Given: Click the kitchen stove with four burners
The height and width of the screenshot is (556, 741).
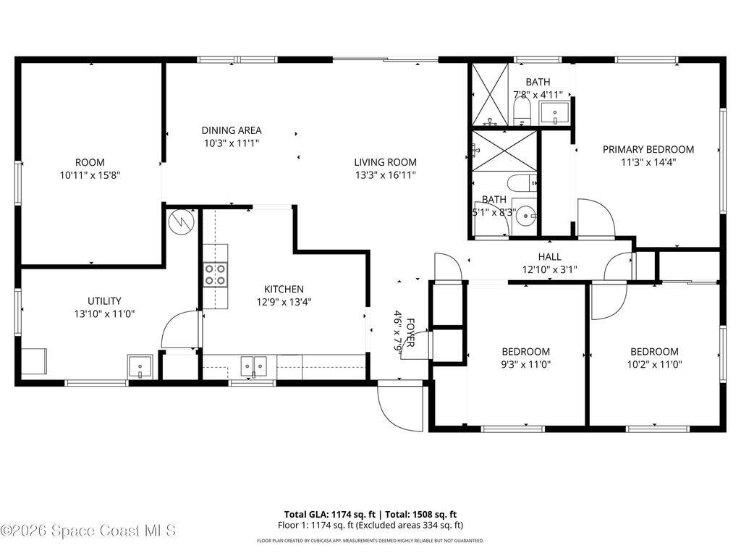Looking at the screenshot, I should tap(215, 275).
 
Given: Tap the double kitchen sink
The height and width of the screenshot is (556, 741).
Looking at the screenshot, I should tap(253, 367).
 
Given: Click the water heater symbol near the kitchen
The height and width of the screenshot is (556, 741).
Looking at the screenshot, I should tap(182, 221).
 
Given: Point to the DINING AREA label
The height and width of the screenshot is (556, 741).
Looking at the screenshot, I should tap(232, 130).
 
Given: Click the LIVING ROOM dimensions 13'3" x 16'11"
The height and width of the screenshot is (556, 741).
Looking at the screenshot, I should tap(385, 174).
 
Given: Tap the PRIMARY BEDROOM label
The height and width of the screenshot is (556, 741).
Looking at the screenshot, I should tap(648, 149).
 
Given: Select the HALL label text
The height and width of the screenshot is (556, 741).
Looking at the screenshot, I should tap(549, 257).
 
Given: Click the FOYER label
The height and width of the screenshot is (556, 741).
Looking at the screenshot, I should tap(410, 334).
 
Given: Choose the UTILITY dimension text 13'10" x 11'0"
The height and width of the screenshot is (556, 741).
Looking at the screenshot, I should tap(105, 313).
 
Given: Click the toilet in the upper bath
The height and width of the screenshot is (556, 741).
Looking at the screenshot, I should tap(521, 111).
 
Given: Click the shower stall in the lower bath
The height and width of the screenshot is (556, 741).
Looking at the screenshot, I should tap(504, 151).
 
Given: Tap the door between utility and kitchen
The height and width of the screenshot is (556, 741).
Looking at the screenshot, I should tap(179, 329).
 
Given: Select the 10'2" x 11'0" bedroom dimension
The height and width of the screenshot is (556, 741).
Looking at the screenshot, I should tap(653, 365).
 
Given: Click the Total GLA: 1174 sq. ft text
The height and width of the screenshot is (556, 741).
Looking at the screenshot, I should tap(329, 514).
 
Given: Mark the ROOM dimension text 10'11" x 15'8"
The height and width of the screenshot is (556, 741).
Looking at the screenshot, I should tap(90, 174).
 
